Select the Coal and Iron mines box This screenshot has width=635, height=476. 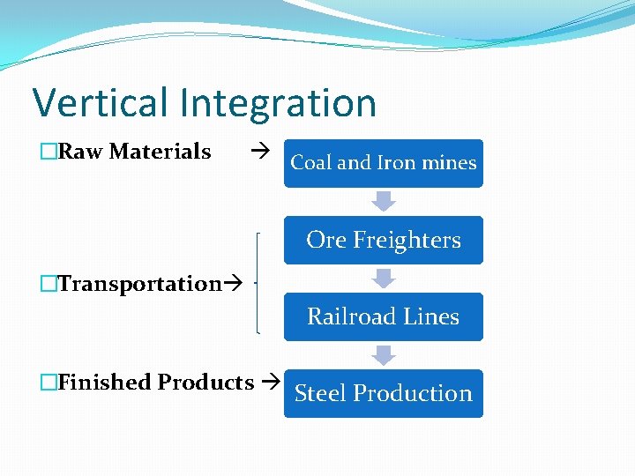[383, 163]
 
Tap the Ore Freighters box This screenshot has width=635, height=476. [383, 240]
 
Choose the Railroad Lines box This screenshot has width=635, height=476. [383, 316]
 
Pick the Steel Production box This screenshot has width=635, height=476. [383, 393]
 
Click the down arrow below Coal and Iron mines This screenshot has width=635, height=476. [383, 201]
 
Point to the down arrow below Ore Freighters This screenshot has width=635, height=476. [383, 278]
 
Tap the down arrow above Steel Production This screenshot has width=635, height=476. [383, 354]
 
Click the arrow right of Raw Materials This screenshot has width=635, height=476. [259, 152]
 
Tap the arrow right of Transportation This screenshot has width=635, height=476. [234, 284]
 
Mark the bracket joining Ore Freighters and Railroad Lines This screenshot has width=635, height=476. [258, 283]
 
